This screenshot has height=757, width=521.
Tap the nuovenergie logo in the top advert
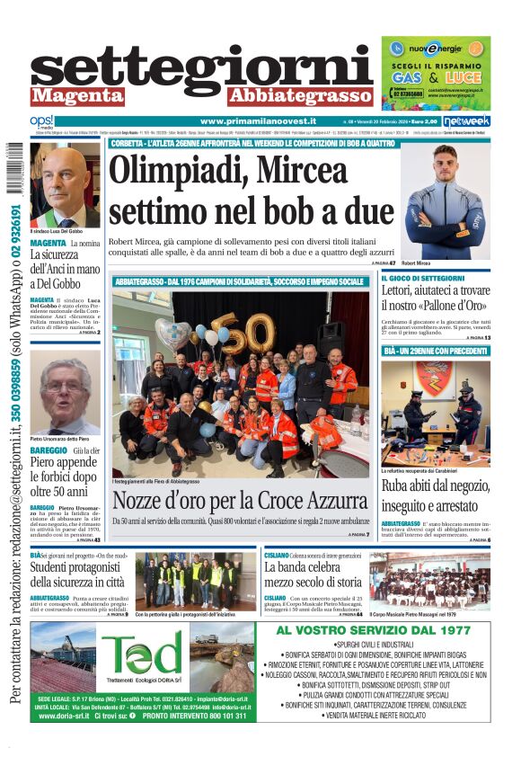point(436,50)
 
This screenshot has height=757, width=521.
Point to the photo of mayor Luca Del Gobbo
point(64,185)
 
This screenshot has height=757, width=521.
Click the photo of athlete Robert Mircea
point(447,201)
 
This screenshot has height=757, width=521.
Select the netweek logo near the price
point(465,121)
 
